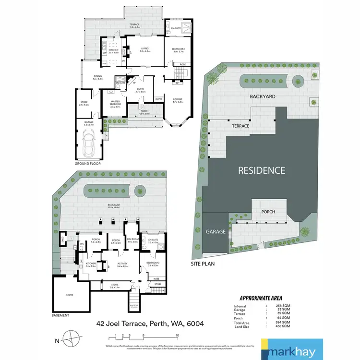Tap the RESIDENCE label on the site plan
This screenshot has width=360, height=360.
click(x=262, y=170)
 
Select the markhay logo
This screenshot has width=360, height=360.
click(x=292, y=349)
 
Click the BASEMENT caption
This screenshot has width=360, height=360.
click(x=60, y=315)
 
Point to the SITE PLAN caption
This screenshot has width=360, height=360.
click(x=203, y=264)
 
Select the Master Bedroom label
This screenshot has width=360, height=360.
click(x=115, y=102)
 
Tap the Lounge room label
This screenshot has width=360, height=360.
click(x=177, y=99)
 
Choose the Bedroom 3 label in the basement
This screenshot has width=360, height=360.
click(x=153, y=264)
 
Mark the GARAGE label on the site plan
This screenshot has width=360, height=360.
click(x=216, y=231)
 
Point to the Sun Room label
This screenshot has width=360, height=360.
click(x=132, y=240)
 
